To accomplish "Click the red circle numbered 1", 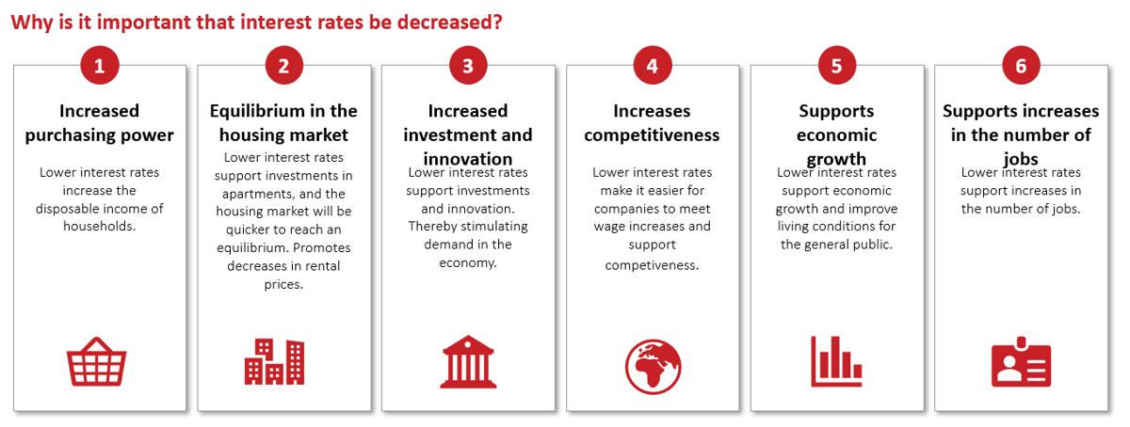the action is [100, 66].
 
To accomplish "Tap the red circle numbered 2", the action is [284, 66].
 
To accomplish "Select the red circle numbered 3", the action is [468, 66].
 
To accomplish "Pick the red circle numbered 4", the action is [653, 66].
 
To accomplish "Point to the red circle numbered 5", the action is [837, 66].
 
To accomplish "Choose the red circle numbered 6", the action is [1021, 66].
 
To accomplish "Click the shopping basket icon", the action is [96, 362].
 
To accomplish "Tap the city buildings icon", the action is [274, 362].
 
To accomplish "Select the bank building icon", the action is [468, 362].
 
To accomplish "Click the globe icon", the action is [653, 367].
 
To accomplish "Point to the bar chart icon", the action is [836, 361].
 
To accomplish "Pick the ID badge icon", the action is [1021, 362].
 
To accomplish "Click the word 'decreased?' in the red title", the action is [450, 23].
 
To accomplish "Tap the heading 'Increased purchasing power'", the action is [100, 123].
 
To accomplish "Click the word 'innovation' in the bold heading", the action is [468, 159].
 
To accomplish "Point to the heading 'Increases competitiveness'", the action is [652, 123].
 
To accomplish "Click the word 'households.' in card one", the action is [100, 227].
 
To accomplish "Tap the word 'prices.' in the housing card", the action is [284, 285].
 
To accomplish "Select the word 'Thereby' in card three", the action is [432, 227].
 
